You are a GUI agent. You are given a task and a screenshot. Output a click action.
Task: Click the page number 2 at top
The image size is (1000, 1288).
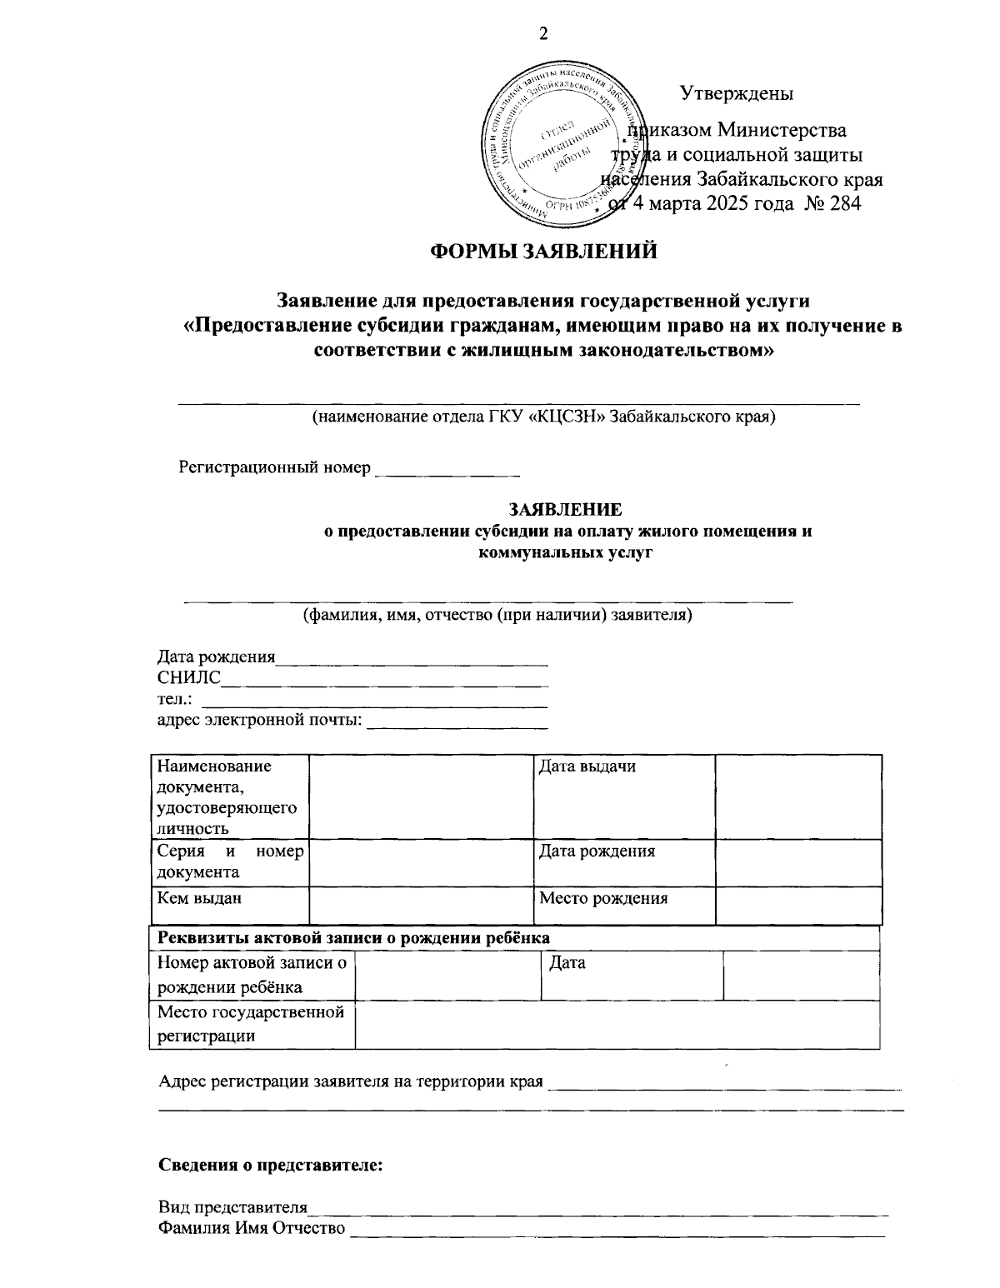point(545,33)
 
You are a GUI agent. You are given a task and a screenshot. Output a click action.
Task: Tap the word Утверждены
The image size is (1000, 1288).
point(737,93)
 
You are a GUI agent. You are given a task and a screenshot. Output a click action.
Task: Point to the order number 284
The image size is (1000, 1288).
point(844,202)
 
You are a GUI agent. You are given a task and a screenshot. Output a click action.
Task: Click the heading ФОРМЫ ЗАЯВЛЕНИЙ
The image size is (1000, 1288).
point(543,251)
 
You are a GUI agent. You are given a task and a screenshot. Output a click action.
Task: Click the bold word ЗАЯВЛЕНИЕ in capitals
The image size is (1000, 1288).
point(566,509)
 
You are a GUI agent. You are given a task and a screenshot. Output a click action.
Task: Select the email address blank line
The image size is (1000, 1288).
point(457,724)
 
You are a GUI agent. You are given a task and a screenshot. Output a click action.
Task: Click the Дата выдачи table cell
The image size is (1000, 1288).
point(623,796)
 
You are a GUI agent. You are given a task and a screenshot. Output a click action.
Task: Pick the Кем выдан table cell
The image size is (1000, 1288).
point(231,905)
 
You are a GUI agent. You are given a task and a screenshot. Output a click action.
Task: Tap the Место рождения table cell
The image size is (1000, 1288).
point(623,905)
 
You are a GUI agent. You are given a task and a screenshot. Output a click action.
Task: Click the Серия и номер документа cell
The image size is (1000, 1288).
point(231,861)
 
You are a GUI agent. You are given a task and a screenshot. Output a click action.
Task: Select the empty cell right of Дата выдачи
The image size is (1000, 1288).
point(797,796)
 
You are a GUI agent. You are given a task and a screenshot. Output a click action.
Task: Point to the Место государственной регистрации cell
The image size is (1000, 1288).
point(252,1024)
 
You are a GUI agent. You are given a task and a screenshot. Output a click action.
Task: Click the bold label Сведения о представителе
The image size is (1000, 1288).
point(271,1165)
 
